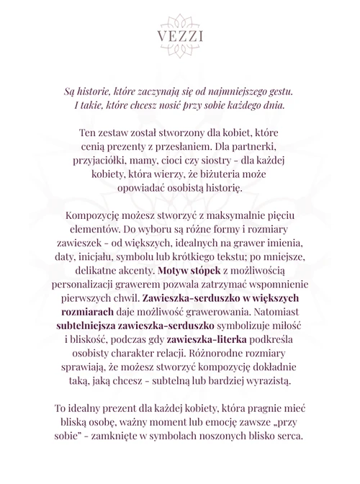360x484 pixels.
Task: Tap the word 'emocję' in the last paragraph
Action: point(219,423)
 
